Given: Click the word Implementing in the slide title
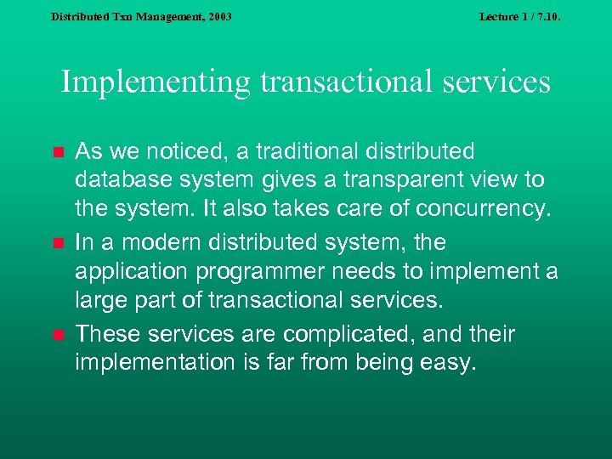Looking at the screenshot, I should (x=156, y=82).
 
